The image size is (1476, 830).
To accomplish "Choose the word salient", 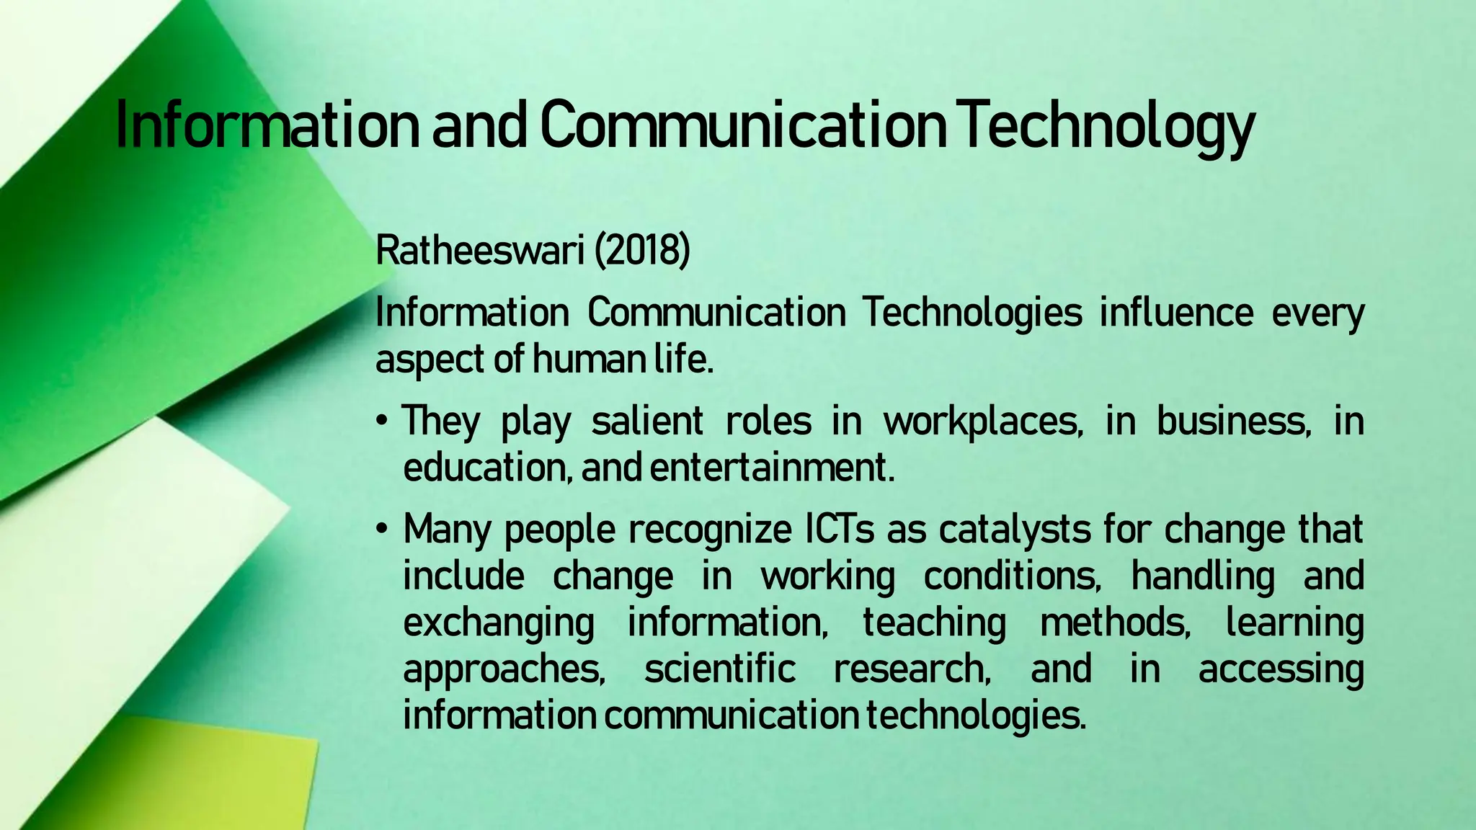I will pos(646,421).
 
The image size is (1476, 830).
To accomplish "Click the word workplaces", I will pos(983,421).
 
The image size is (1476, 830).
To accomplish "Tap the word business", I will pos(1233,421).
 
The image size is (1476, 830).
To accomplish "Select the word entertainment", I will pos(772,468).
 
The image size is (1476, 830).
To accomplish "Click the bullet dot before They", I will pos(383,421).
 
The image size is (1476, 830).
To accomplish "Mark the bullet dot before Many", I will pos(383,530).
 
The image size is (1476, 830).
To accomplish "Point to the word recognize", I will pos(710,530).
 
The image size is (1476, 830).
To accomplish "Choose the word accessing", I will pos(1281,669).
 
